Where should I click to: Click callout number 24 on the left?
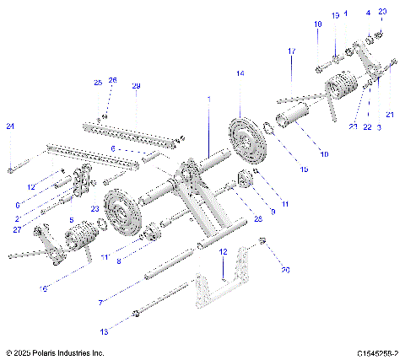[10, 126]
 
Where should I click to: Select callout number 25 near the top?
[97, 83]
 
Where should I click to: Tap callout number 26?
[112, 80]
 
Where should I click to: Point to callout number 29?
[136, 87]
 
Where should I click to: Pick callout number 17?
[292, 52]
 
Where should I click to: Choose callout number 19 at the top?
[335, 15]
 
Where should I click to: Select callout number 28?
[257, 218]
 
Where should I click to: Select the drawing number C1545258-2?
[376, 352]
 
